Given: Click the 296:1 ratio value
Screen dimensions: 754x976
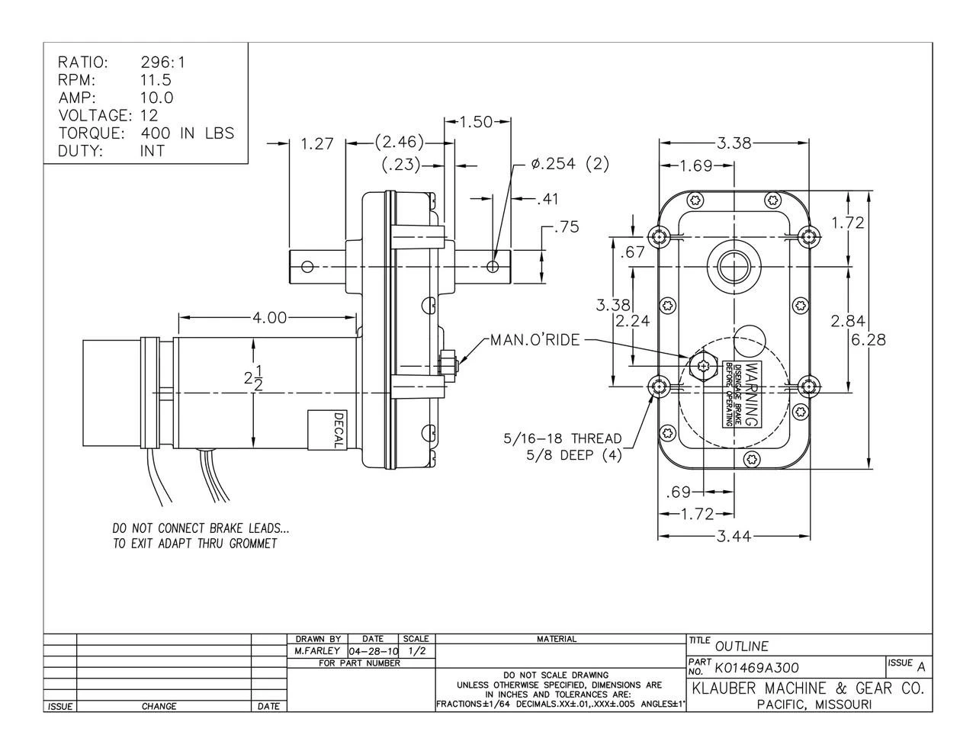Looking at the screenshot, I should pos(163,63).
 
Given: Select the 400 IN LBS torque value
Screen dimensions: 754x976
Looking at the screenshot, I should pos(188,133).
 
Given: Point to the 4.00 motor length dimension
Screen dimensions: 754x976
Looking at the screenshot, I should pos(270,317).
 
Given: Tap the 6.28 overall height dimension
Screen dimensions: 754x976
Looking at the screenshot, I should pos(868,339).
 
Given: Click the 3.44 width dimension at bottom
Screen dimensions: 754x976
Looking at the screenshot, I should pos(734,537).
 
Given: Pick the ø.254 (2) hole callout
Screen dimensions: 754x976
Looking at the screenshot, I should pos(570,164).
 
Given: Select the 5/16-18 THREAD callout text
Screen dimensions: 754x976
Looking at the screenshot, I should pos(563,439).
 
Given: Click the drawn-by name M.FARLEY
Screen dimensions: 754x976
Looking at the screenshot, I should pos(316,652).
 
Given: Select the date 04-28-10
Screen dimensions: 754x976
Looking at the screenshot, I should pos(373,652).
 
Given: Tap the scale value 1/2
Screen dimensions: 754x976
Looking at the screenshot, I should pos(416,652).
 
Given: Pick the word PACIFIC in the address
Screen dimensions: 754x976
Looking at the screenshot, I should pos(782,705).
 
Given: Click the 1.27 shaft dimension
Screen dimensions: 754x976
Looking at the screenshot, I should pos(317,143).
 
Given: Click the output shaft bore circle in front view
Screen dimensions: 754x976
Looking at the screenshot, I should pos(734,267).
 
